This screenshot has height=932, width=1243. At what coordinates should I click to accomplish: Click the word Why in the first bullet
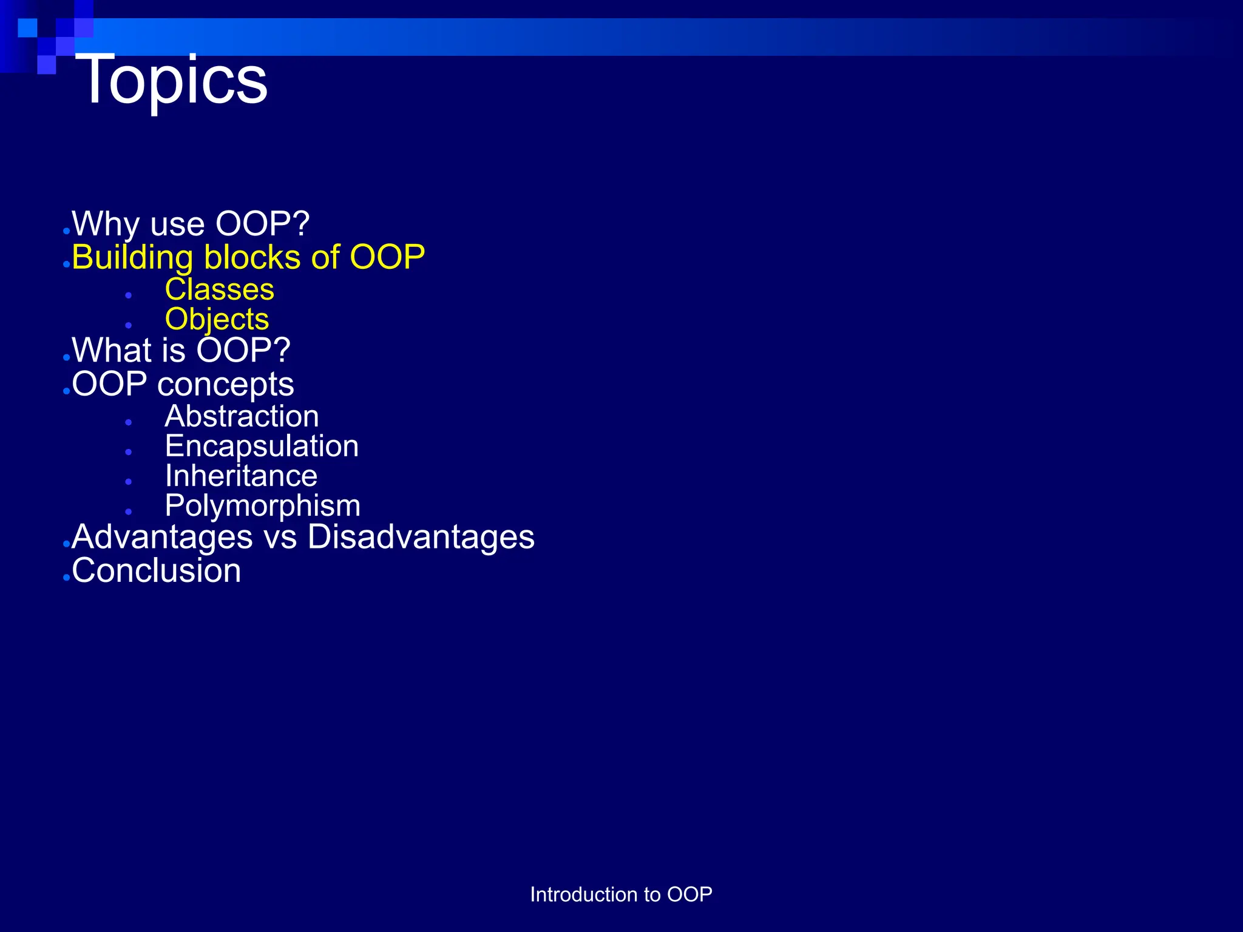click(106, 224)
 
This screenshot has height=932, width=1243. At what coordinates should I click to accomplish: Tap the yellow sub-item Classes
click(219, 289)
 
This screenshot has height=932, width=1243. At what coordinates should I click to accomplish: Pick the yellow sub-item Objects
click(217, 319)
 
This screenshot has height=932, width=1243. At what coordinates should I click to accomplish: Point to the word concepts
click(226, 385)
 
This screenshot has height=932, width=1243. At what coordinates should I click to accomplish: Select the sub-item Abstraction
click(242, 416)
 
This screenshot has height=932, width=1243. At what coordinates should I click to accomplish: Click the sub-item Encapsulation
click(262, 447)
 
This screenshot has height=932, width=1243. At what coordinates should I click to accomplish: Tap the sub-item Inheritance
click(241, 476)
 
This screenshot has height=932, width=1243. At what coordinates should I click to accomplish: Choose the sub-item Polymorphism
click(262, 506)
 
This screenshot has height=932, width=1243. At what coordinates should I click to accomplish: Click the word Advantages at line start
click(162, 538)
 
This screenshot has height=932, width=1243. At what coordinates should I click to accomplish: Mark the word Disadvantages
click(421, 538)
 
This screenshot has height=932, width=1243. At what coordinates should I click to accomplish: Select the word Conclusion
click(156, 571)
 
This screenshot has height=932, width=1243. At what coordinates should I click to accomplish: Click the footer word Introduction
click(584, 894)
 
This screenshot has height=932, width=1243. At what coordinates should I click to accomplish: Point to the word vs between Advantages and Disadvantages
click(280, 539)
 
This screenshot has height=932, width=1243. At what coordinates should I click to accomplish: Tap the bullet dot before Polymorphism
click(129, 512)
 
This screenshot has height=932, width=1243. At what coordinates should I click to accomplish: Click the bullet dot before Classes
click(129, 295)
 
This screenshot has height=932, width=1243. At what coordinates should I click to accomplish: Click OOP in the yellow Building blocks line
click(387, 257)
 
